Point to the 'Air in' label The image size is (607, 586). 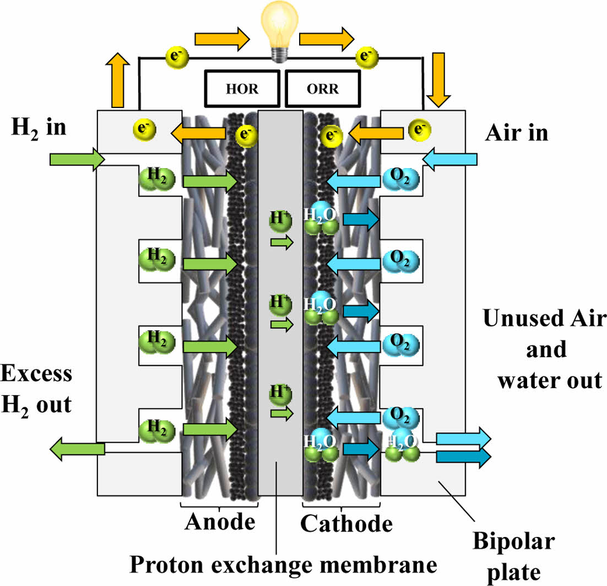(x=516, y=132)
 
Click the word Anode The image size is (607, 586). (x=220, y=521)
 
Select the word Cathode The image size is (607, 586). (x=346, y=523)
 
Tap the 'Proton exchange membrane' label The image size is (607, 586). (x=283, y=563)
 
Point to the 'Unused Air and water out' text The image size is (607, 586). (x=544, y=349)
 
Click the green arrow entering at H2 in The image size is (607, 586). (x=77, y=160)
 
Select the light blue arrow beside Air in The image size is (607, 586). (x=449, y=160)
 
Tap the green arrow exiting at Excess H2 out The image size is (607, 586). (x=77, y=449)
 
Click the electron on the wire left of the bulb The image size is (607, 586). (x=174, y=56)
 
